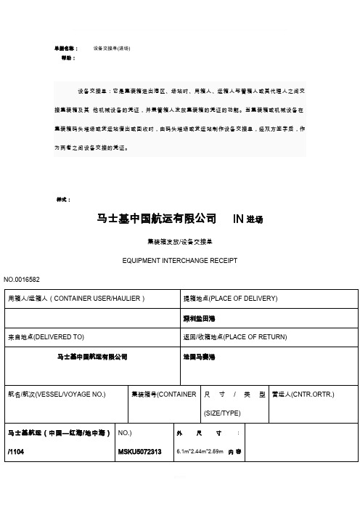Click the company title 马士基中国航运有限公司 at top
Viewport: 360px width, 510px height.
(157, 219)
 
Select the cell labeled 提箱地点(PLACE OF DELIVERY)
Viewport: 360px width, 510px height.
(227, 298)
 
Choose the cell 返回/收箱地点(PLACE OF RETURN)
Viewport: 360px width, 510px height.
(236, 337)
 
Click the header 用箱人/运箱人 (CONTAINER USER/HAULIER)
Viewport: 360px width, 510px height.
(75, 298)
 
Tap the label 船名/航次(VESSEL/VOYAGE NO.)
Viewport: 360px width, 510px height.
(55, 394)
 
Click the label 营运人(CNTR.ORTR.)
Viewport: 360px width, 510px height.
(303, 394)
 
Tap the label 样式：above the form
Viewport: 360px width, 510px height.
(64, 198)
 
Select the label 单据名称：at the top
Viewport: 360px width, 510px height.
(68, 49)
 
